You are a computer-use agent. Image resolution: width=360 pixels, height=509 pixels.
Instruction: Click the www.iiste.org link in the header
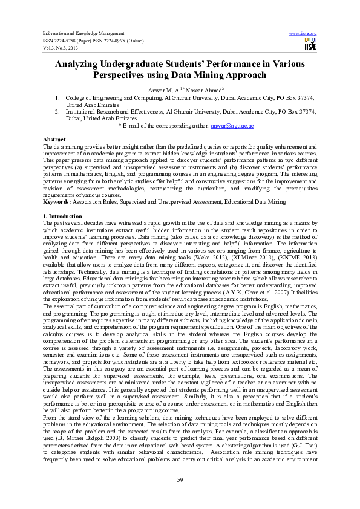(x=303, y=33)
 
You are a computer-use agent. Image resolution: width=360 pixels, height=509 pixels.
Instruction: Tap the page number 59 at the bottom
(x=180, y=479)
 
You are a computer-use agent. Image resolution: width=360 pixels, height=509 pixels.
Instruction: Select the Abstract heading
(x=54, y=140)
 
